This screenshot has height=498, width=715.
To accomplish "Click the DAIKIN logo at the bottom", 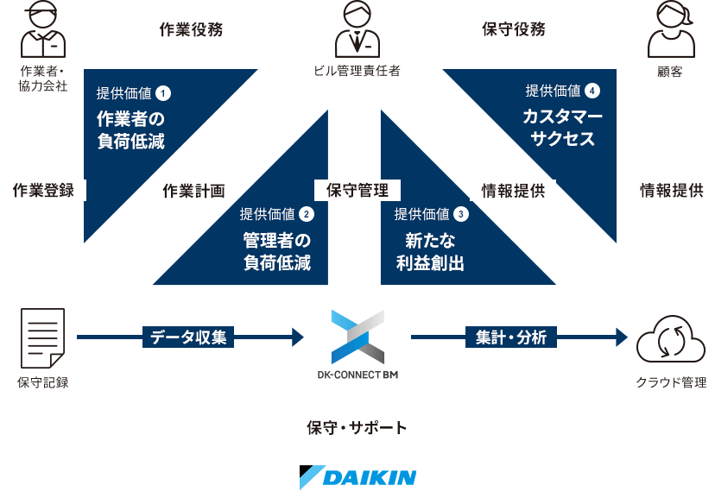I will tap(357, 476).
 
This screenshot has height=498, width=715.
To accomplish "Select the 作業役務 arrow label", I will tap(192, 29).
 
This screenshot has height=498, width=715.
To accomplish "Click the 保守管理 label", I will tap(357, 191).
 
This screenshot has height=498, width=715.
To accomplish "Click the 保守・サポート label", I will tap(357, 426).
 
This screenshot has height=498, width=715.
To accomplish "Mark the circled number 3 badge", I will tap(460, 213).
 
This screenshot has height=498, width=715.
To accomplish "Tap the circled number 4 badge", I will tap(592, 90).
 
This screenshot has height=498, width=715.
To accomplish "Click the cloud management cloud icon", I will tap(671, 338).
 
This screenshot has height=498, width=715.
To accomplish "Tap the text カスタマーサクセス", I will tap(563, 128).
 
